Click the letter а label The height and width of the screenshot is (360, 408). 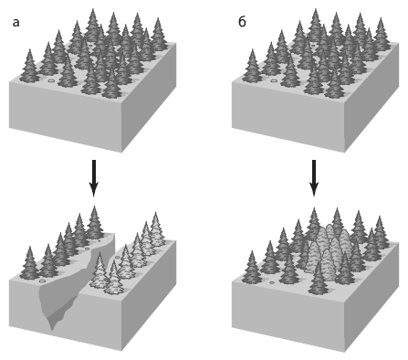(x=16, y=23)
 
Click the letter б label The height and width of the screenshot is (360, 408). (x=242, y=21)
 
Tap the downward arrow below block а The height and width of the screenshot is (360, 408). (x=94, y=178)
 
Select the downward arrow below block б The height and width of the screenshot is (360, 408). (x=314, y=178)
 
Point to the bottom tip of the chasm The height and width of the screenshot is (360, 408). (x=52, y=331)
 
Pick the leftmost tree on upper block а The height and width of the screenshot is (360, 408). (x=29, y=66)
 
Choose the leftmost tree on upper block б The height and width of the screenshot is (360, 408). (x=252, y=66)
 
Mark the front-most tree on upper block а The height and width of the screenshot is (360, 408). (x=111, y=83)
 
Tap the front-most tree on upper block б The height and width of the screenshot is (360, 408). (x=334, y=83)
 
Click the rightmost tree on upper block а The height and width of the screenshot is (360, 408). (x=158, y=34)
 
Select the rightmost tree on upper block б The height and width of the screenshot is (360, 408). (x=381, y=34)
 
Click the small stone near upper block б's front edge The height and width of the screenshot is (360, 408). (x=274, y=81)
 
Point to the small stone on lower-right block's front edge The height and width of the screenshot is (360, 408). (x=272, y=282)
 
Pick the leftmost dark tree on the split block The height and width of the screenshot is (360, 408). (x=29, y=263)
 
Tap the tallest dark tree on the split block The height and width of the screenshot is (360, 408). (x=95, y=222)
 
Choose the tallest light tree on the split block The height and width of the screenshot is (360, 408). (x=156, y=229)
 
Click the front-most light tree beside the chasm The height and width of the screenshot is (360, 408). (x=113, y=278)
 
